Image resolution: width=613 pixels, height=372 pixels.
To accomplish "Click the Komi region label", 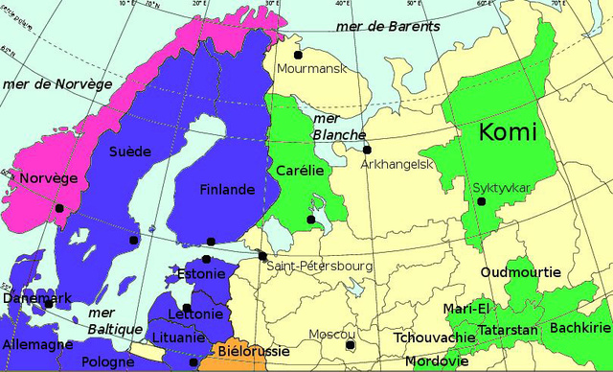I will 507,132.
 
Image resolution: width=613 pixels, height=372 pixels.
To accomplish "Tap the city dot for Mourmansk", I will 298,56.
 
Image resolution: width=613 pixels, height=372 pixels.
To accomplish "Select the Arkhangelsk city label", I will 397,165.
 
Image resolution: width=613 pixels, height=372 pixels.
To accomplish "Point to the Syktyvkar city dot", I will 482,201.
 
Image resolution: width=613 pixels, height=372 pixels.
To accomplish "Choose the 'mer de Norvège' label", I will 57,84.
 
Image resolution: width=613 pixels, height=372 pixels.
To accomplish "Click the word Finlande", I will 227,190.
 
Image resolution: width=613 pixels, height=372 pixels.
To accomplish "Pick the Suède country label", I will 129,151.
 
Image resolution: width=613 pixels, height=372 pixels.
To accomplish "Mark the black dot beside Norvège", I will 59,208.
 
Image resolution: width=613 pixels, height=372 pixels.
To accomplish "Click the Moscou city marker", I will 351,345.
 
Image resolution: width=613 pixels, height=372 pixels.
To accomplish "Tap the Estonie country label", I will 201,274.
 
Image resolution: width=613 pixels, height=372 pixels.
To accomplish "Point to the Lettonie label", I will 194,314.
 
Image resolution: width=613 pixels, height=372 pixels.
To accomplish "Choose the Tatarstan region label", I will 507,330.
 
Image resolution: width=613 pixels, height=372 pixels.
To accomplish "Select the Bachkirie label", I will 580,328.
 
